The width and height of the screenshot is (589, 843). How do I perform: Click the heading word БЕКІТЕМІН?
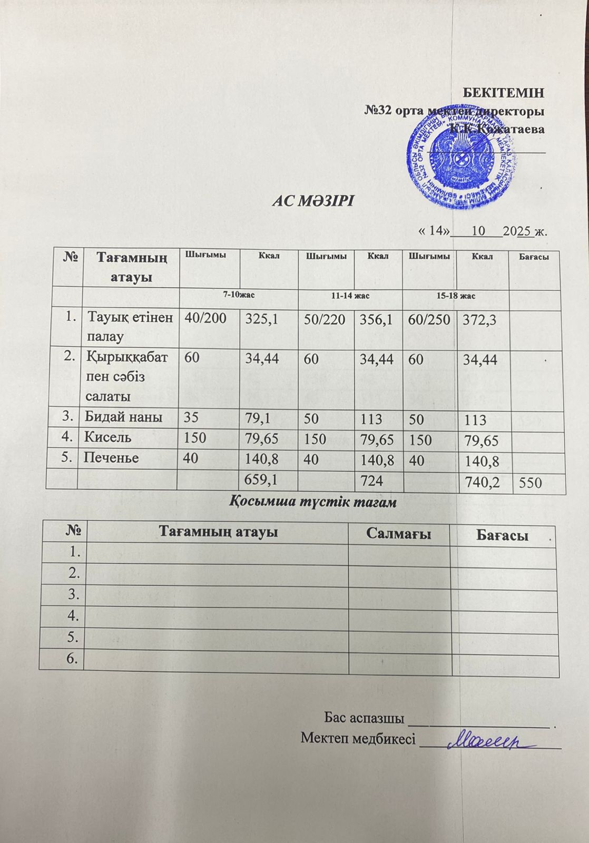(x=503, y=93)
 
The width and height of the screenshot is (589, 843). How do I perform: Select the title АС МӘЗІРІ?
(x=313, y=202)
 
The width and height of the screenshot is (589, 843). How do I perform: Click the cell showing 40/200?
(x=202, y=318)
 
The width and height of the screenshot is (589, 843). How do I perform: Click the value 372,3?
(x=479, y=319)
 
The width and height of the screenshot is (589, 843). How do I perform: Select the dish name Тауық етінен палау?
(x=129, y=326)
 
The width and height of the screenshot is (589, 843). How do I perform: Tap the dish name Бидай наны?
(x=123, y=417)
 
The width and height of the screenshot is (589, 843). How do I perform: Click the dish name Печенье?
(x=111, y=458)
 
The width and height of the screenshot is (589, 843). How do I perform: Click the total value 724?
(x=371, y=480)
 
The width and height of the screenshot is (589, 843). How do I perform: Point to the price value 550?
(x=531, y=482)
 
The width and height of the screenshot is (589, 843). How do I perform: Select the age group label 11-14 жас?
(x=350, y=296)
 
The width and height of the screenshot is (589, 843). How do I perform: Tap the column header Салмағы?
(x=399, y=534)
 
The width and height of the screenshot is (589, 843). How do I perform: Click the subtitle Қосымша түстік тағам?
(x=313, y=503)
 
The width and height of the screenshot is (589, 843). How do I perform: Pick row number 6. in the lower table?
(x=74, y=658)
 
